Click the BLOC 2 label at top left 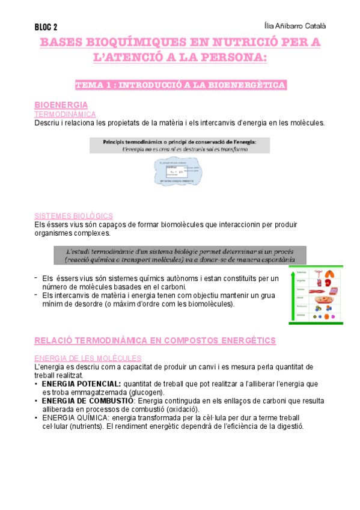click(46, 27)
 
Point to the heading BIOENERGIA click(62, 105)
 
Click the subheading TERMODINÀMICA click(66, 114)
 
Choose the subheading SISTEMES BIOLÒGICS click(73, 215)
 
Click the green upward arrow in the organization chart click(292, 294)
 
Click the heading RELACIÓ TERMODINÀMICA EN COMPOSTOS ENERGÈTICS click(155, 340)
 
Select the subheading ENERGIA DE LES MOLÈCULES click(88, 358)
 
